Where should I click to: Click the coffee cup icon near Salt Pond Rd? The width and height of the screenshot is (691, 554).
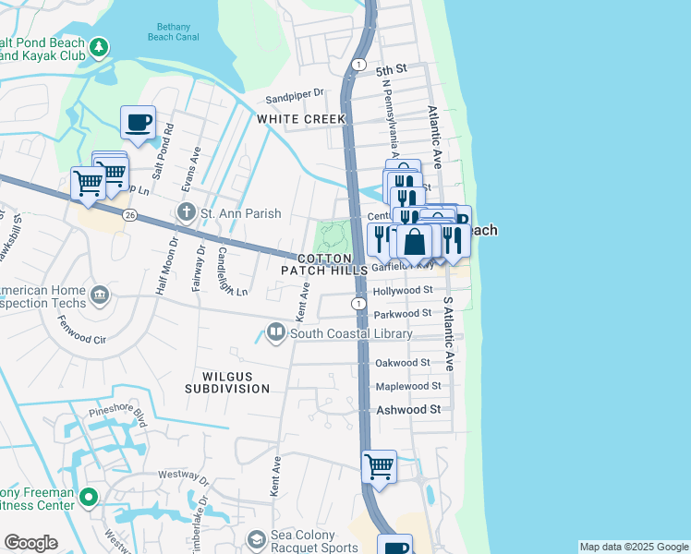[138, 122]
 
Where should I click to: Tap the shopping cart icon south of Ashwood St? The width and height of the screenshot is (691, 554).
[379, 467]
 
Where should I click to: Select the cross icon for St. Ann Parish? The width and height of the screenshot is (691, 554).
[187, 213]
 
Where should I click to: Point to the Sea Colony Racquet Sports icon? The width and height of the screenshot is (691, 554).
[256, 538]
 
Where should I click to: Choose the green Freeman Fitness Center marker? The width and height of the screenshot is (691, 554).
[89, 499]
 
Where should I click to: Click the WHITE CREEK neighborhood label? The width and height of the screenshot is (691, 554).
[301, 119]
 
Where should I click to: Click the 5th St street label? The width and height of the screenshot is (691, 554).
[392, 70]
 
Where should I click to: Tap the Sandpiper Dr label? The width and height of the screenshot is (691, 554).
[296, 93]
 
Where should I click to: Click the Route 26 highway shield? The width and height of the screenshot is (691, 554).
[128, 215]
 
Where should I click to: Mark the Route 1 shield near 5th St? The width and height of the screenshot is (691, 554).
[358, 64]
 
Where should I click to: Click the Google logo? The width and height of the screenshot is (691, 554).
[30, 543]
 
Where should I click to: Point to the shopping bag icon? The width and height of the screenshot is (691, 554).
[416, 242]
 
